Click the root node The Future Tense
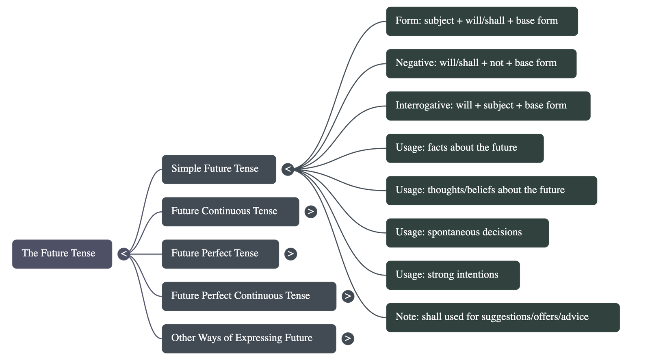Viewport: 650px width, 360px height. click(62, 254)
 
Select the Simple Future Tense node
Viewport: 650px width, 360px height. click(219, 169)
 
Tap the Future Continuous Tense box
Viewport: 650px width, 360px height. click(230, 211)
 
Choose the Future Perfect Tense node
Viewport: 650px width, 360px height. click(220, 254)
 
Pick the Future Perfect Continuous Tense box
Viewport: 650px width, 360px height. click(249, 296)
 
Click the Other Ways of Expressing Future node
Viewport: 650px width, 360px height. click(249, 338)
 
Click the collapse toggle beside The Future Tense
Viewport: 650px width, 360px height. click(124, 254)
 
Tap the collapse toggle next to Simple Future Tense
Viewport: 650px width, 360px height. click(288, 169)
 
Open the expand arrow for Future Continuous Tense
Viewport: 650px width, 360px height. click(310, 211)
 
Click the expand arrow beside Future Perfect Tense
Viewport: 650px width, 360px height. click(290, 254)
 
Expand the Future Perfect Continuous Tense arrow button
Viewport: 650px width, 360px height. click(348, 296)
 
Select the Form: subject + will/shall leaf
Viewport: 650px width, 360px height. click(481, 21)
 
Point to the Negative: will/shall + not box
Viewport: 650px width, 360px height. click(481, 63)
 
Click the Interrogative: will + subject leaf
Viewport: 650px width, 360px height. click(487, 106)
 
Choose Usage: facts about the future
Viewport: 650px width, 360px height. click(464, 148)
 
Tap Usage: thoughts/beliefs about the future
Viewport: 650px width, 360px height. click(491, 190)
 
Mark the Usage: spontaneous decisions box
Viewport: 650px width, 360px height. click(467, 232)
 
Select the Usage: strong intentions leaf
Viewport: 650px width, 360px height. click(453, 275)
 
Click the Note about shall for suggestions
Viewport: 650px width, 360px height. click(503, 317)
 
